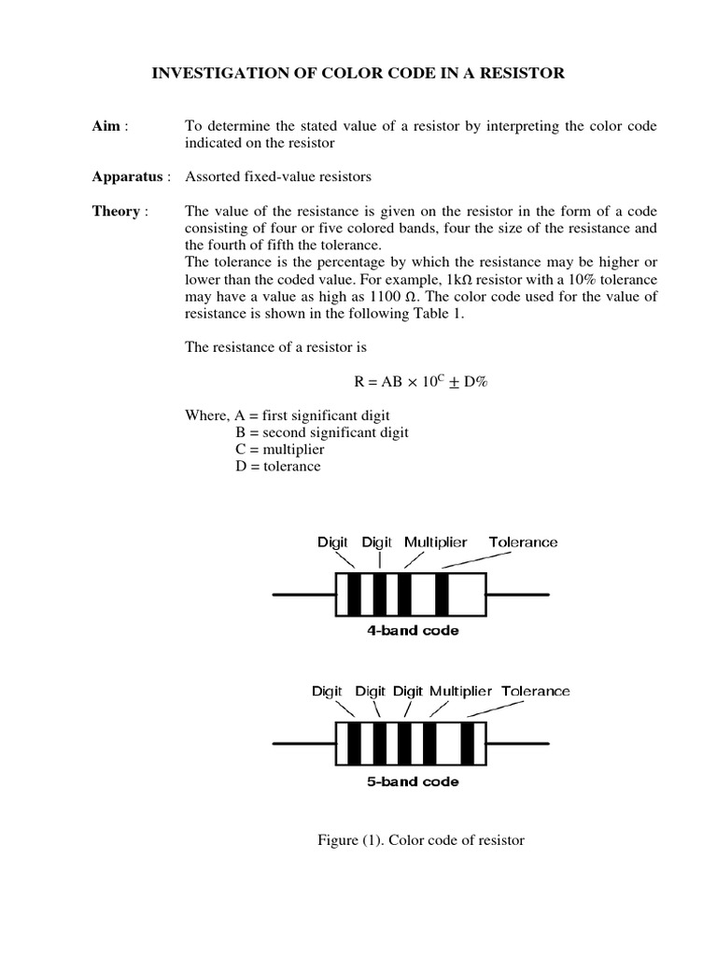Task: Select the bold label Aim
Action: (105, 126)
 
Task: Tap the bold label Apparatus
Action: (129, 176)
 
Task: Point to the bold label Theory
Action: (115, 211)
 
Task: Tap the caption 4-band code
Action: (412, 630)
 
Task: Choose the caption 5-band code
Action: (412, 780)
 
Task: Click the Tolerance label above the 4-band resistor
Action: (523, 542)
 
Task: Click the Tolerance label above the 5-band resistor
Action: (536, 692)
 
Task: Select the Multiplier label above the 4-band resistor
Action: (436, 542)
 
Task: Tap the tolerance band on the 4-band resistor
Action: (442, 594)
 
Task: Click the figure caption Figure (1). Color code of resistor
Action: (421, 840)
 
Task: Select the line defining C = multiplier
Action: (281, 449)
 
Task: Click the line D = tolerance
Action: (278, 466)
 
